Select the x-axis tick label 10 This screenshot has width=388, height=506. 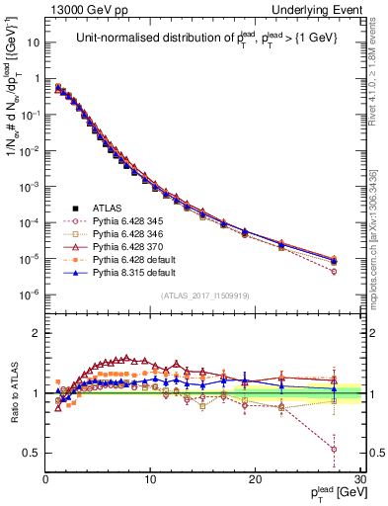pos(150,479)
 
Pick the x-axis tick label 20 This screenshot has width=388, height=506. pos(255,479)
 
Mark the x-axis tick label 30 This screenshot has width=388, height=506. pos(359,479)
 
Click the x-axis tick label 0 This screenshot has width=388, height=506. pos(46,479)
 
